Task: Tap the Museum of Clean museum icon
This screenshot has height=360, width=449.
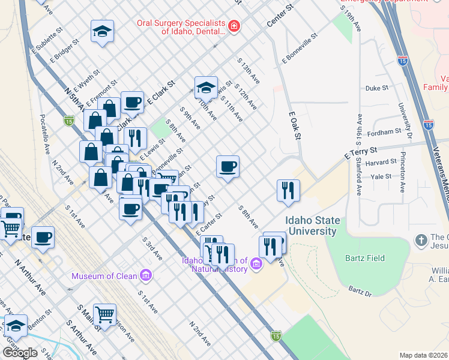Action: pyautogui.click(x=145, y=276)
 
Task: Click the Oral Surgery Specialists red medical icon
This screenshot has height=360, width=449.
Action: pyautogui.click(x=234, y=26)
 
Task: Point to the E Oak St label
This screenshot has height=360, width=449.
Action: pyautogui.click(x=294, y=125)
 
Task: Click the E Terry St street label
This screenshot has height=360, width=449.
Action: pyautogui.click(x=361, y=153)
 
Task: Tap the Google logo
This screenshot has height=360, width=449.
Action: pyautogui.click(x=19, y=353)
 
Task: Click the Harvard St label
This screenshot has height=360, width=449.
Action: pyautogui.click(x=381, y=162)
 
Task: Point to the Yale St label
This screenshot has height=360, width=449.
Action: pyautogui.click(x=381, y=176)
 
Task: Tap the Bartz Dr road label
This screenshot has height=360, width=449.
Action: pyautogui.click(x=360, y=292)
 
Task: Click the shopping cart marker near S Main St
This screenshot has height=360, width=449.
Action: pyautogui.click(x=105, y=314)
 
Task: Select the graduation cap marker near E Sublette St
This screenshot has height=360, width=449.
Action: pyautogui.click(x=102, y=31)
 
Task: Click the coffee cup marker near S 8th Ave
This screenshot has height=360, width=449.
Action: pyautogui.click(x=228, y=167)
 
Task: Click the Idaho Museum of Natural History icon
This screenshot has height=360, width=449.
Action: pyautogui.click(x=256, y=263)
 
